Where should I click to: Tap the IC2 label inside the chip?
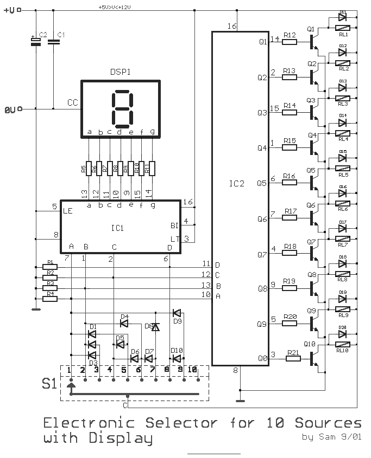(x=237, y=183)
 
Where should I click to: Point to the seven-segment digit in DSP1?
(x=122, y=107)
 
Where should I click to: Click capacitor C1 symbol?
(x=53, y=42)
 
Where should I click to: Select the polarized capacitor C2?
(x=36, y=42)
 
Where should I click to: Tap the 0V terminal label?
(x=10, y=109)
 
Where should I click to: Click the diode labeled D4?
(x=124, y=323)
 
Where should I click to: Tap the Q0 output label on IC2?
(x=262, y=358)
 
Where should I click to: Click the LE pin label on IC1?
(x=68, y=210)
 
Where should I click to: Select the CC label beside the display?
(x=73, y=102)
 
